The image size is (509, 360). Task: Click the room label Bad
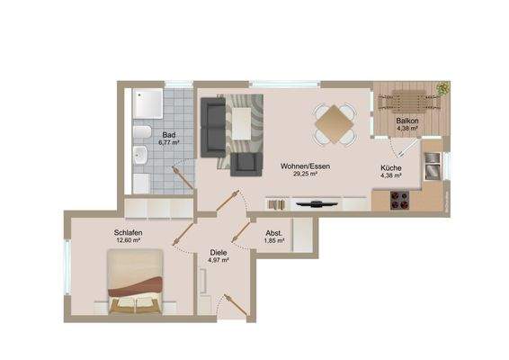coord(168,134)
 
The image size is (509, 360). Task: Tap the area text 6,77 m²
coord(168,142)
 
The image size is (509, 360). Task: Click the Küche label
coord(391,167)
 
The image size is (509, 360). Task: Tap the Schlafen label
coord(129,232)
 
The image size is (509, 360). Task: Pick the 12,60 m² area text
coord(129,240)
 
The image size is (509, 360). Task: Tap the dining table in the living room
coord(334,122)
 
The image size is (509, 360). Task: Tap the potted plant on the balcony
coord(442,88)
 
